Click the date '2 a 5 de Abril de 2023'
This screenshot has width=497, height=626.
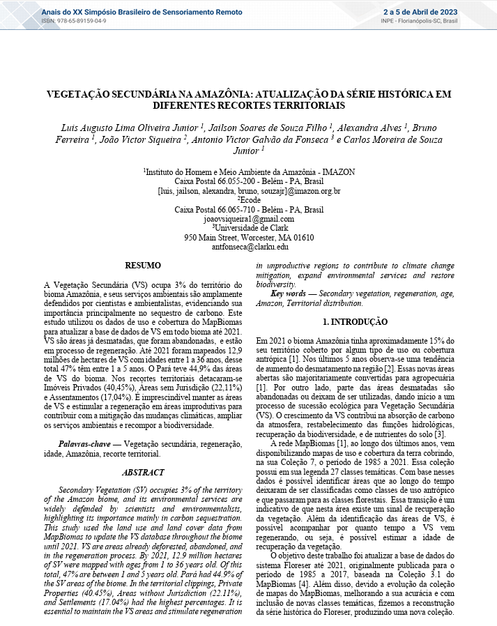(420, 11)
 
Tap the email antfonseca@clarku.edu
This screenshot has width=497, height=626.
(250, 247)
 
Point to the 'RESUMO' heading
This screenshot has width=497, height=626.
(142, 266)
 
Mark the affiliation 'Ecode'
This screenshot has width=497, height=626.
(250, 199)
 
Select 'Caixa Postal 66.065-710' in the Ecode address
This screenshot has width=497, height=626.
(224, 209)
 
